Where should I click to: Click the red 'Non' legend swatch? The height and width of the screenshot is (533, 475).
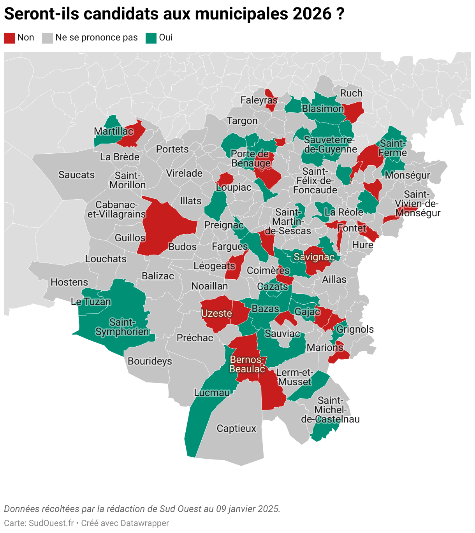coord(9,38)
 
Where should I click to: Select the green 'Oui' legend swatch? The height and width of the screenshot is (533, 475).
coord(151,38)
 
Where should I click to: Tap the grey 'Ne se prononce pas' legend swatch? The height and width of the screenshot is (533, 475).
coord(47,38)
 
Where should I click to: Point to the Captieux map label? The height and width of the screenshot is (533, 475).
coord(236,428)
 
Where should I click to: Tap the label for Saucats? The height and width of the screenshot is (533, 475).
coord(76,175)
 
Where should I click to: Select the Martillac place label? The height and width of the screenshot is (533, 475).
coord(114,131)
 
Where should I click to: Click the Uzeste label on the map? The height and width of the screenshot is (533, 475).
coord(216,313)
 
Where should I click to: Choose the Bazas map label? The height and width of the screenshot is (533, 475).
coord(266,309)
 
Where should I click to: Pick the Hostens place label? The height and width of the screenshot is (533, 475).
coord(69,282)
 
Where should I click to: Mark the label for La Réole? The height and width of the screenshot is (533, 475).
coord(344,212)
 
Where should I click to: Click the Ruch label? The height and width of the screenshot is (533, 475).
coord(351,93)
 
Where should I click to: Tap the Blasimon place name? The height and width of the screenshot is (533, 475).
coord(323,109)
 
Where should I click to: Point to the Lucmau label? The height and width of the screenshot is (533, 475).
coord(212,393)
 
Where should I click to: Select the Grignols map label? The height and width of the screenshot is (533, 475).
coord(355,329)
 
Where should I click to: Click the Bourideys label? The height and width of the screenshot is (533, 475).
coord(150,361)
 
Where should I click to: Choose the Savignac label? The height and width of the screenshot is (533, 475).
coord(314,257)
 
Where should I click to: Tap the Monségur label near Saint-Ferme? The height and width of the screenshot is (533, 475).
coord(407,175)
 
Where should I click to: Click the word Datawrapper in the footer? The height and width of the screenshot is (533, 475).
coord(145,523)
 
